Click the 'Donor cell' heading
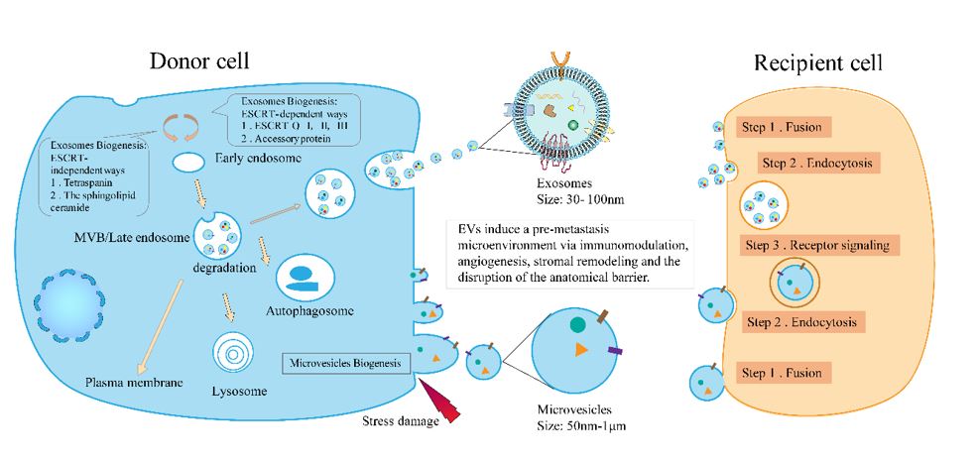199,61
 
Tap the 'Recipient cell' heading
817,63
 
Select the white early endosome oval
188,164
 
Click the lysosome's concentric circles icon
233,355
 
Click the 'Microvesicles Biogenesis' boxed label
346,363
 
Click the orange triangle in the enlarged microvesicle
580,350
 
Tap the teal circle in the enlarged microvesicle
577,324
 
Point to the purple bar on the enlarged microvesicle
614,352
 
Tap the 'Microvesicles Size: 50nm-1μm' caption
581,418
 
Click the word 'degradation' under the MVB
224,269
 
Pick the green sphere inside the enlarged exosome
572,125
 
